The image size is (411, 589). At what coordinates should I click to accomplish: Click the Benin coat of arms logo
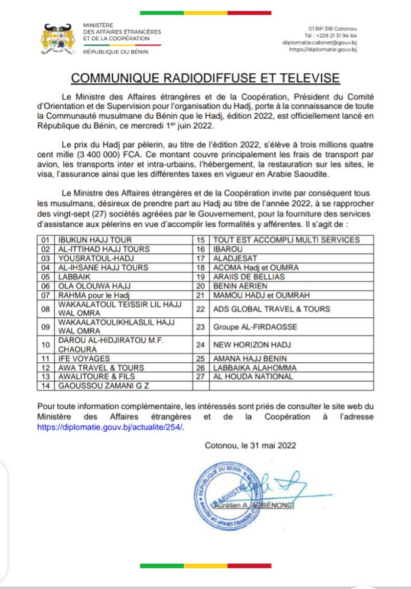tap(59, 38)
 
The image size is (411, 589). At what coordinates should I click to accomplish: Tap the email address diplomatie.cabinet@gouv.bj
tap(319, 43)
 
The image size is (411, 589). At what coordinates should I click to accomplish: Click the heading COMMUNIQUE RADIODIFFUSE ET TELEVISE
tap(205, 78)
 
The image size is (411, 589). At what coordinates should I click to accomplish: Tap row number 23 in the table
tap(200, 326)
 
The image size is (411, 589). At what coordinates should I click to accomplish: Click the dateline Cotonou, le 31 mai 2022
tap(250, 445)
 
